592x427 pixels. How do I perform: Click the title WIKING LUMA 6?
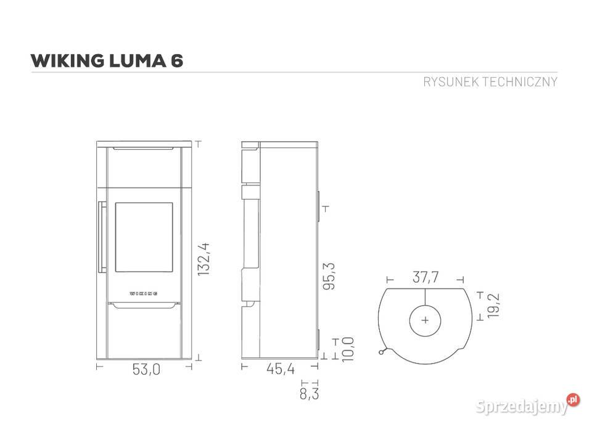click(107, 60)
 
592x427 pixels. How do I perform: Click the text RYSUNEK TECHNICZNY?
click(490, 82)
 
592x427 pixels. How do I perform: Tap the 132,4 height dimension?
click(205, 259)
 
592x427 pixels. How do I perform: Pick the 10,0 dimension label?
click(347, 349)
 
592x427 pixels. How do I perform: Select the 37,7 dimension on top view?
click(425, 278)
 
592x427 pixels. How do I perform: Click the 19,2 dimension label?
click(492, 305)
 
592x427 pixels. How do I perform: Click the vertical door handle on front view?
click(99, 237)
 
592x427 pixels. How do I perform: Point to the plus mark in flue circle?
click(425, 320)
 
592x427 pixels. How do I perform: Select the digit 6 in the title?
click(177, 60)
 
